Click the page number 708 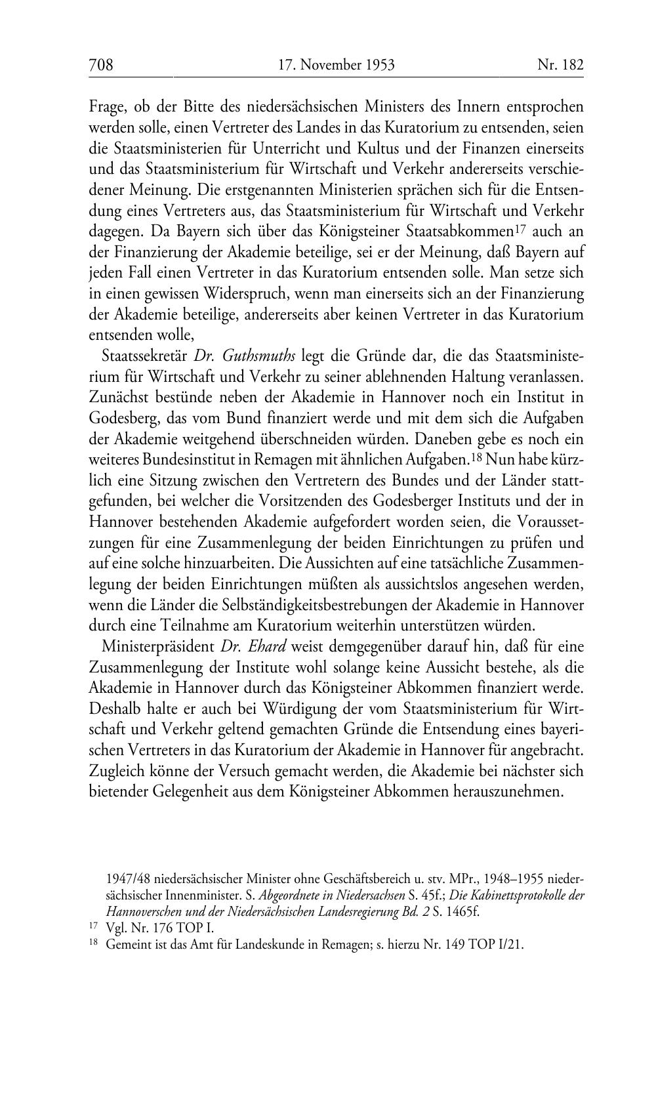pos(101,64)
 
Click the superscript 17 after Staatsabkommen pos(520,228)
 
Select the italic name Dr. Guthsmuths pos(245,356)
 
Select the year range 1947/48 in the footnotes pos(128,878)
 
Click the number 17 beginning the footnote pos(93,928)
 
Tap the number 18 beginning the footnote pos(93,944)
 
